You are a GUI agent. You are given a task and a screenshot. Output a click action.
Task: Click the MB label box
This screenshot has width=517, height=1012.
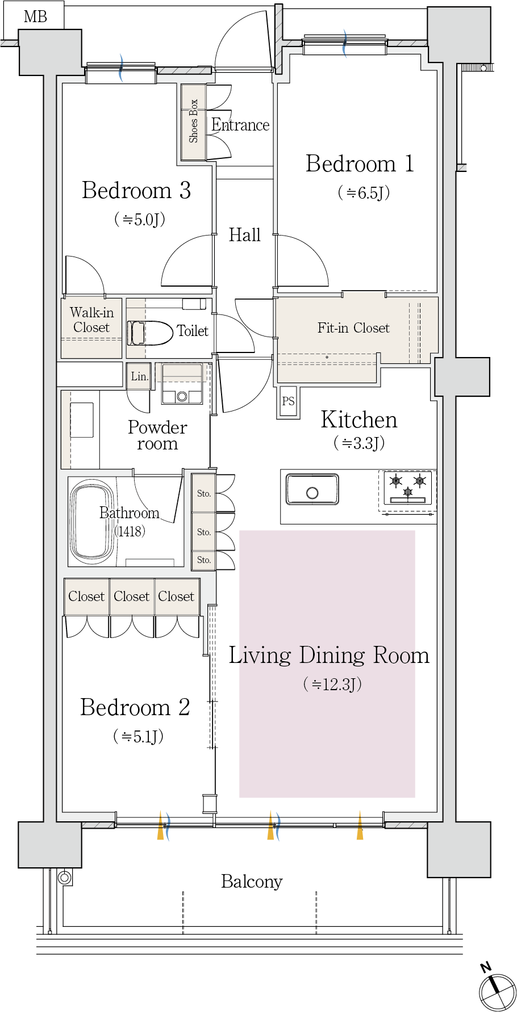(34, 16)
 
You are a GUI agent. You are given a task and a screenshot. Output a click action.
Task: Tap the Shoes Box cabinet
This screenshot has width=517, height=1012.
(193, 122)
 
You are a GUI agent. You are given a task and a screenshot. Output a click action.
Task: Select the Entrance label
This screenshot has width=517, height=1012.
(240, 125)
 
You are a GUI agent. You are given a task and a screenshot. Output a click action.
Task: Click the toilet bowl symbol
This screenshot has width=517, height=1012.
(150, 333)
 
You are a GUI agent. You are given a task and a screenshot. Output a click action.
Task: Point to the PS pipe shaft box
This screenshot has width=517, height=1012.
(288, 401)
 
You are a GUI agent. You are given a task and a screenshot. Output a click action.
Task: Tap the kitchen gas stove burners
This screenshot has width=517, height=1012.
(408, 487)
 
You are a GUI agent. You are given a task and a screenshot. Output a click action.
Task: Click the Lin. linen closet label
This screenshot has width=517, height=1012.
(139, 376)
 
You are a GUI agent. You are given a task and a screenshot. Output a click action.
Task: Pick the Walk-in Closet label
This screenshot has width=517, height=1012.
(91, 320)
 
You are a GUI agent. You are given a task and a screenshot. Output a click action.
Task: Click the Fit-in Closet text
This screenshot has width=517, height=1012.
(353, 328)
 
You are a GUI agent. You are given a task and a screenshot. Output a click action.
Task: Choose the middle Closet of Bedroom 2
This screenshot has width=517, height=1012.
(132, 597)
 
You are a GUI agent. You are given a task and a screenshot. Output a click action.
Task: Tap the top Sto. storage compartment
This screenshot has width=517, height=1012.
(203, 493)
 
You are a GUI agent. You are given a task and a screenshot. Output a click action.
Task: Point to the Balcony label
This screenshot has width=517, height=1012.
(252, 881)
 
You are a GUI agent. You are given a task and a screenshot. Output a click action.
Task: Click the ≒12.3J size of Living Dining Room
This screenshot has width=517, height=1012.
(332, 684)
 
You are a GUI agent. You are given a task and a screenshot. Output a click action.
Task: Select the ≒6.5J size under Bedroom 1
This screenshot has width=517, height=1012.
(364, 193)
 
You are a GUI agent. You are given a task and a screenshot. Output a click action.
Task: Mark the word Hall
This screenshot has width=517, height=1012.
(245, 235)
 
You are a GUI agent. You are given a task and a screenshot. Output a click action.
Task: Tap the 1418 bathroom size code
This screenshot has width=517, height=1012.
(130, 531)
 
